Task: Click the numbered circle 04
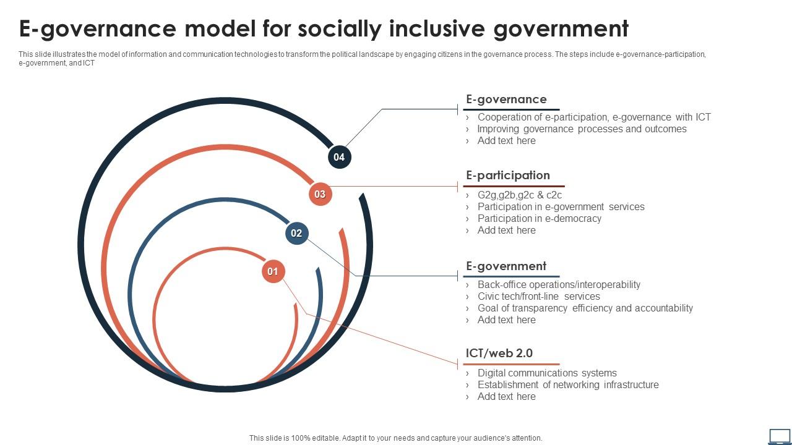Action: coord(339,157)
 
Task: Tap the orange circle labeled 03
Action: coord(320,194)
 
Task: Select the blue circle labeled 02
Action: coord(296,233)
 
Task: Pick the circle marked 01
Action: coord(273,271)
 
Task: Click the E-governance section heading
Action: coord(506,100)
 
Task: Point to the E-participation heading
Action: coord(508,176)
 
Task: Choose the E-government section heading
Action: coord(506,266)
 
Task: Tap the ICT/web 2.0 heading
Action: coord(499,354)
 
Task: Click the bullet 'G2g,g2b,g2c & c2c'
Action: coord(519,195)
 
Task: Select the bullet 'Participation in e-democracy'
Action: coord(539,218)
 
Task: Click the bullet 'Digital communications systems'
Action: coord(547,373)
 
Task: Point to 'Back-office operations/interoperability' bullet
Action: coord(559,284)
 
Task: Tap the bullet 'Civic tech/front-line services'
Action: coord(538,296)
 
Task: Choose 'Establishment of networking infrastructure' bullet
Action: coord(568,384)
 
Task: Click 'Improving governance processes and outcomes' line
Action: coord(582,129)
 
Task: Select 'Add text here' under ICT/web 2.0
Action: coord(506,396)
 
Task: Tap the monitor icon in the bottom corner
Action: coord(779,436)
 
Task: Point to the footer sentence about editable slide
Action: coord(395,438)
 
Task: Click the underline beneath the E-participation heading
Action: coord(514,186)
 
